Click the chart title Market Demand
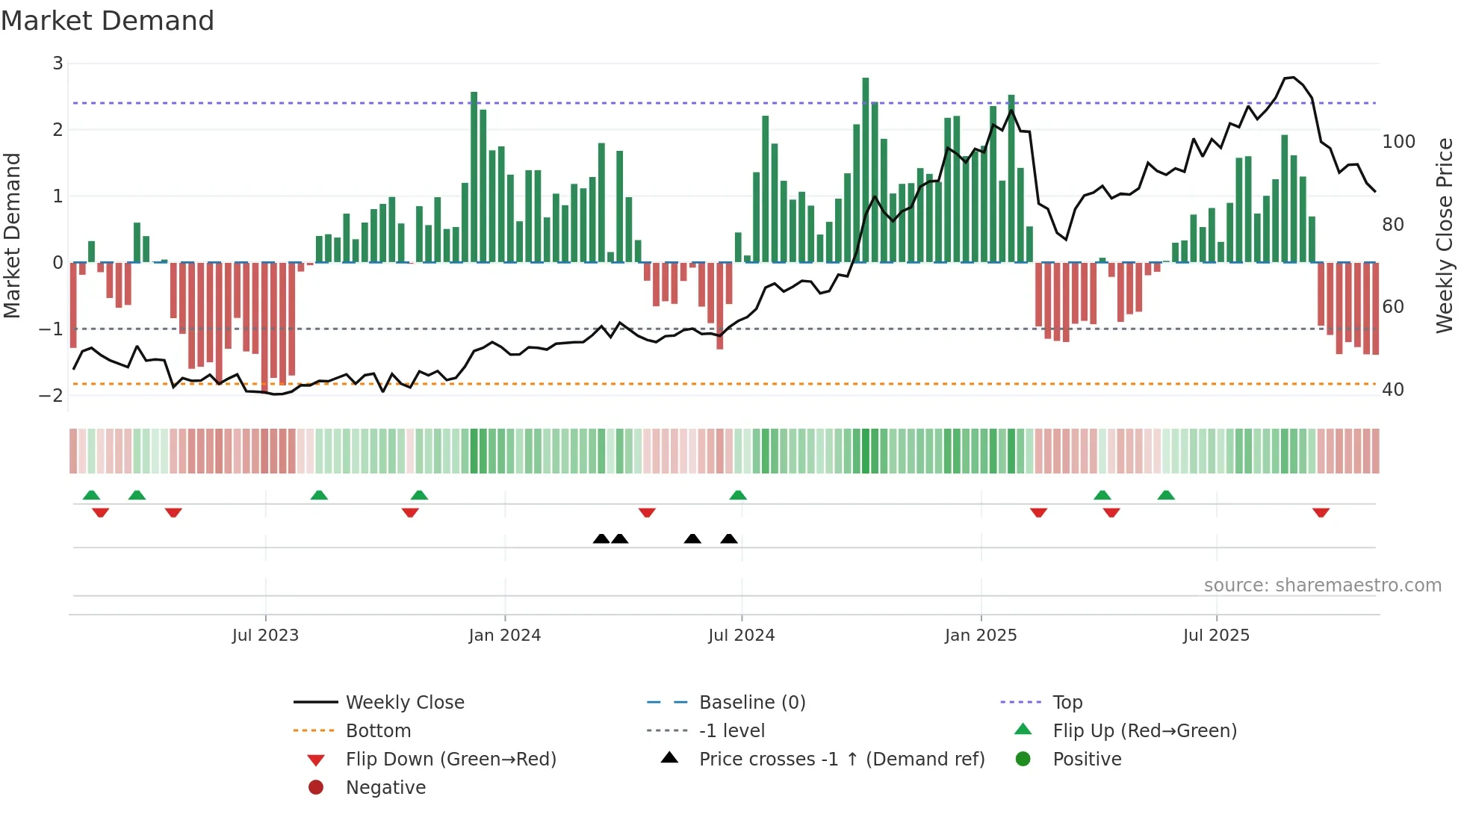(x=108, y=21)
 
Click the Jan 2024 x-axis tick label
(x=504, y=636)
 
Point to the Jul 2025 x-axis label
(x=1215, y=636)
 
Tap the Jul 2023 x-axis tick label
(x=265, y=636)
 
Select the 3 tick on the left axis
(x=58, y=63)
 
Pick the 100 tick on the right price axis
(x=1398, y=142)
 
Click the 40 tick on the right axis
(x=1392, y=390)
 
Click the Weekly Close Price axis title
(x=1445, y=235)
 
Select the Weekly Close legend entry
(x=404, y=703)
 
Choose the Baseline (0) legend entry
(x=751, y=703)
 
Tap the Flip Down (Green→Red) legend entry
(x=450, y=760)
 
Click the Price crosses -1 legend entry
(x=841, y=760)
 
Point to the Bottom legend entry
(x=378, y=731)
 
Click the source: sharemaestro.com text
(x=1322, y=586)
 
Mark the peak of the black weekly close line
(x=1292, y=77)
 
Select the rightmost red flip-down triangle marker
(x=1321, y=513)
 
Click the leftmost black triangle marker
(x=601, y=538)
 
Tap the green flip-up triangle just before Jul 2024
(x=738, y=495)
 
